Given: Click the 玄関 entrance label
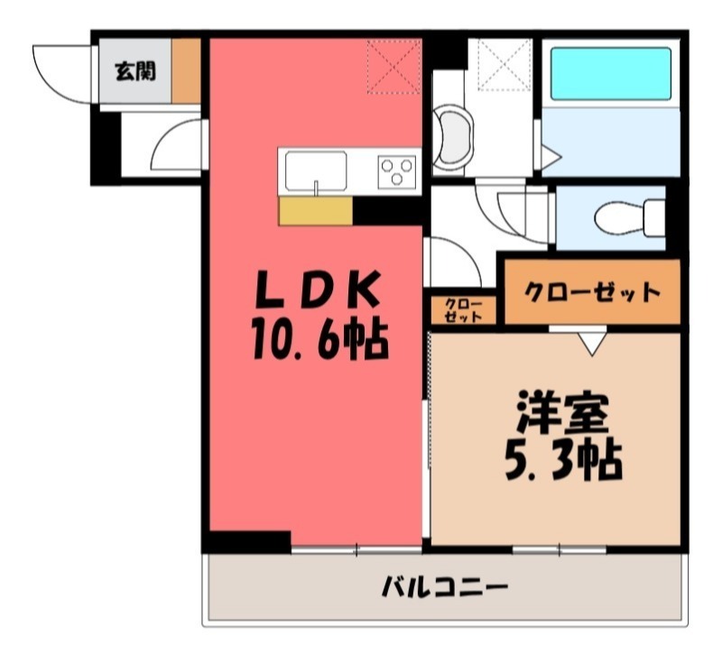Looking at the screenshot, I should [134, 69].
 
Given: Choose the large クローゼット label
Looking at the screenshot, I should [591, 291].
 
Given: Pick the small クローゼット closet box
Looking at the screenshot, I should [463, 311].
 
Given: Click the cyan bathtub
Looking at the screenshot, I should [611, 73].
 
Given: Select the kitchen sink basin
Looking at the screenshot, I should [316, 169].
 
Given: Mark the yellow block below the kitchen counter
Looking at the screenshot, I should [315, 211].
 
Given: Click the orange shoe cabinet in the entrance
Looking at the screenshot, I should [186, 69].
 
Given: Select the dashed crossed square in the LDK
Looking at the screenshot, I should [393, 65].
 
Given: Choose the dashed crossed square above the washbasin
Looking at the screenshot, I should [504, 63].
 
